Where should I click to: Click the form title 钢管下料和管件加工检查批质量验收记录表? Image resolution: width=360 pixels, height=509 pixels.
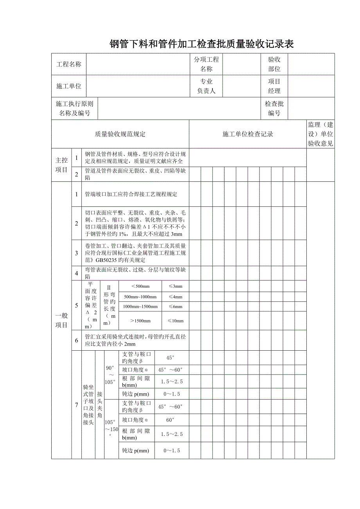pos(202,44)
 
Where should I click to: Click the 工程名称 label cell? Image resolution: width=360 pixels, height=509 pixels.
pos(69,65)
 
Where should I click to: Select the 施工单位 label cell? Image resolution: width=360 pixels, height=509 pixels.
pos(69,86)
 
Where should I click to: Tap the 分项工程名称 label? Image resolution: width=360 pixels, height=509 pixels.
pos(206,65)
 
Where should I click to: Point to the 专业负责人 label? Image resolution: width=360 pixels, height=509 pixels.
pos(206,86)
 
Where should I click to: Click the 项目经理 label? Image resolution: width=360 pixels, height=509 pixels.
pos(274,86)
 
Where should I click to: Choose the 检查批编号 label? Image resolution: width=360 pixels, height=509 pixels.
pos(274,109)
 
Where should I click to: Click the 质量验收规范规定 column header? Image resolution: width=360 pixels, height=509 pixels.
pos(120,134)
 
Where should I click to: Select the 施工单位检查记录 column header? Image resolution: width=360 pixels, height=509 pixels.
pos(248,134)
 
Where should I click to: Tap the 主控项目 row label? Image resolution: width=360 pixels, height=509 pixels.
pos(61,165)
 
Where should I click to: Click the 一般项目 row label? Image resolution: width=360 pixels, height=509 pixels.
pos(61,320)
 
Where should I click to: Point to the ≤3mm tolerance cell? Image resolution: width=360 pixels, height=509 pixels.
pos(175,287)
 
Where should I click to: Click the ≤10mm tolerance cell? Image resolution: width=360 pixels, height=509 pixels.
pos(175,321)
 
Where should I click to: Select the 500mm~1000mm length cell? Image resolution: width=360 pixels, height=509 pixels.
pos(140,297)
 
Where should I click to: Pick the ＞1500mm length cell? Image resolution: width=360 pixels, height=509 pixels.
pos(140,321)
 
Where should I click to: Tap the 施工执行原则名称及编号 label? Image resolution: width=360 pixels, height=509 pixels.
pos(75,109)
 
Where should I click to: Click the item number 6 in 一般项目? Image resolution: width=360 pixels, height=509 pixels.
pos(77,341)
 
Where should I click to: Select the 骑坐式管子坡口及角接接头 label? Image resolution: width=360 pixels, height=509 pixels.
pos(88,404)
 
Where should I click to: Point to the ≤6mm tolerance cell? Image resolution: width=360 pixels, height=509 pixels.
pos(175,307)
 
